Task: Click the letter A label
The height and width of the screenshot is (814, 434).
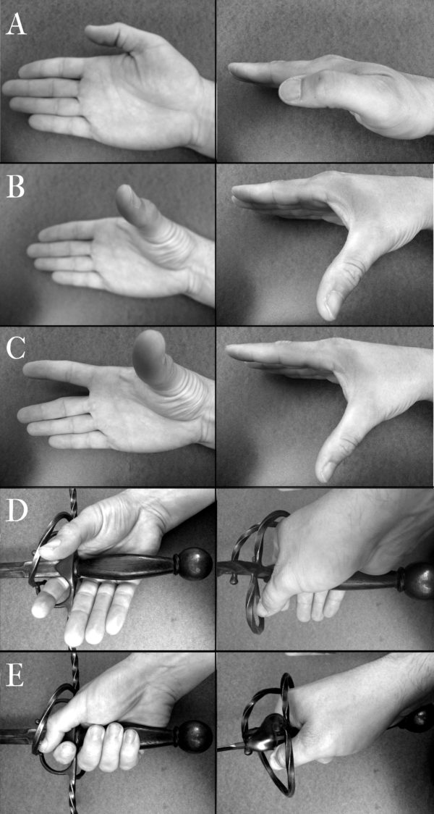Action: click(16, 25)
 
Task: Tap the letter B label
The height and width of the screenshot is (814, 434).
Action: click(16, 188)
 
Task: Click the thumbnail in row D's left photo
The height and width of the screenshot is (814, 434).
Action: click(49, 545)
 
